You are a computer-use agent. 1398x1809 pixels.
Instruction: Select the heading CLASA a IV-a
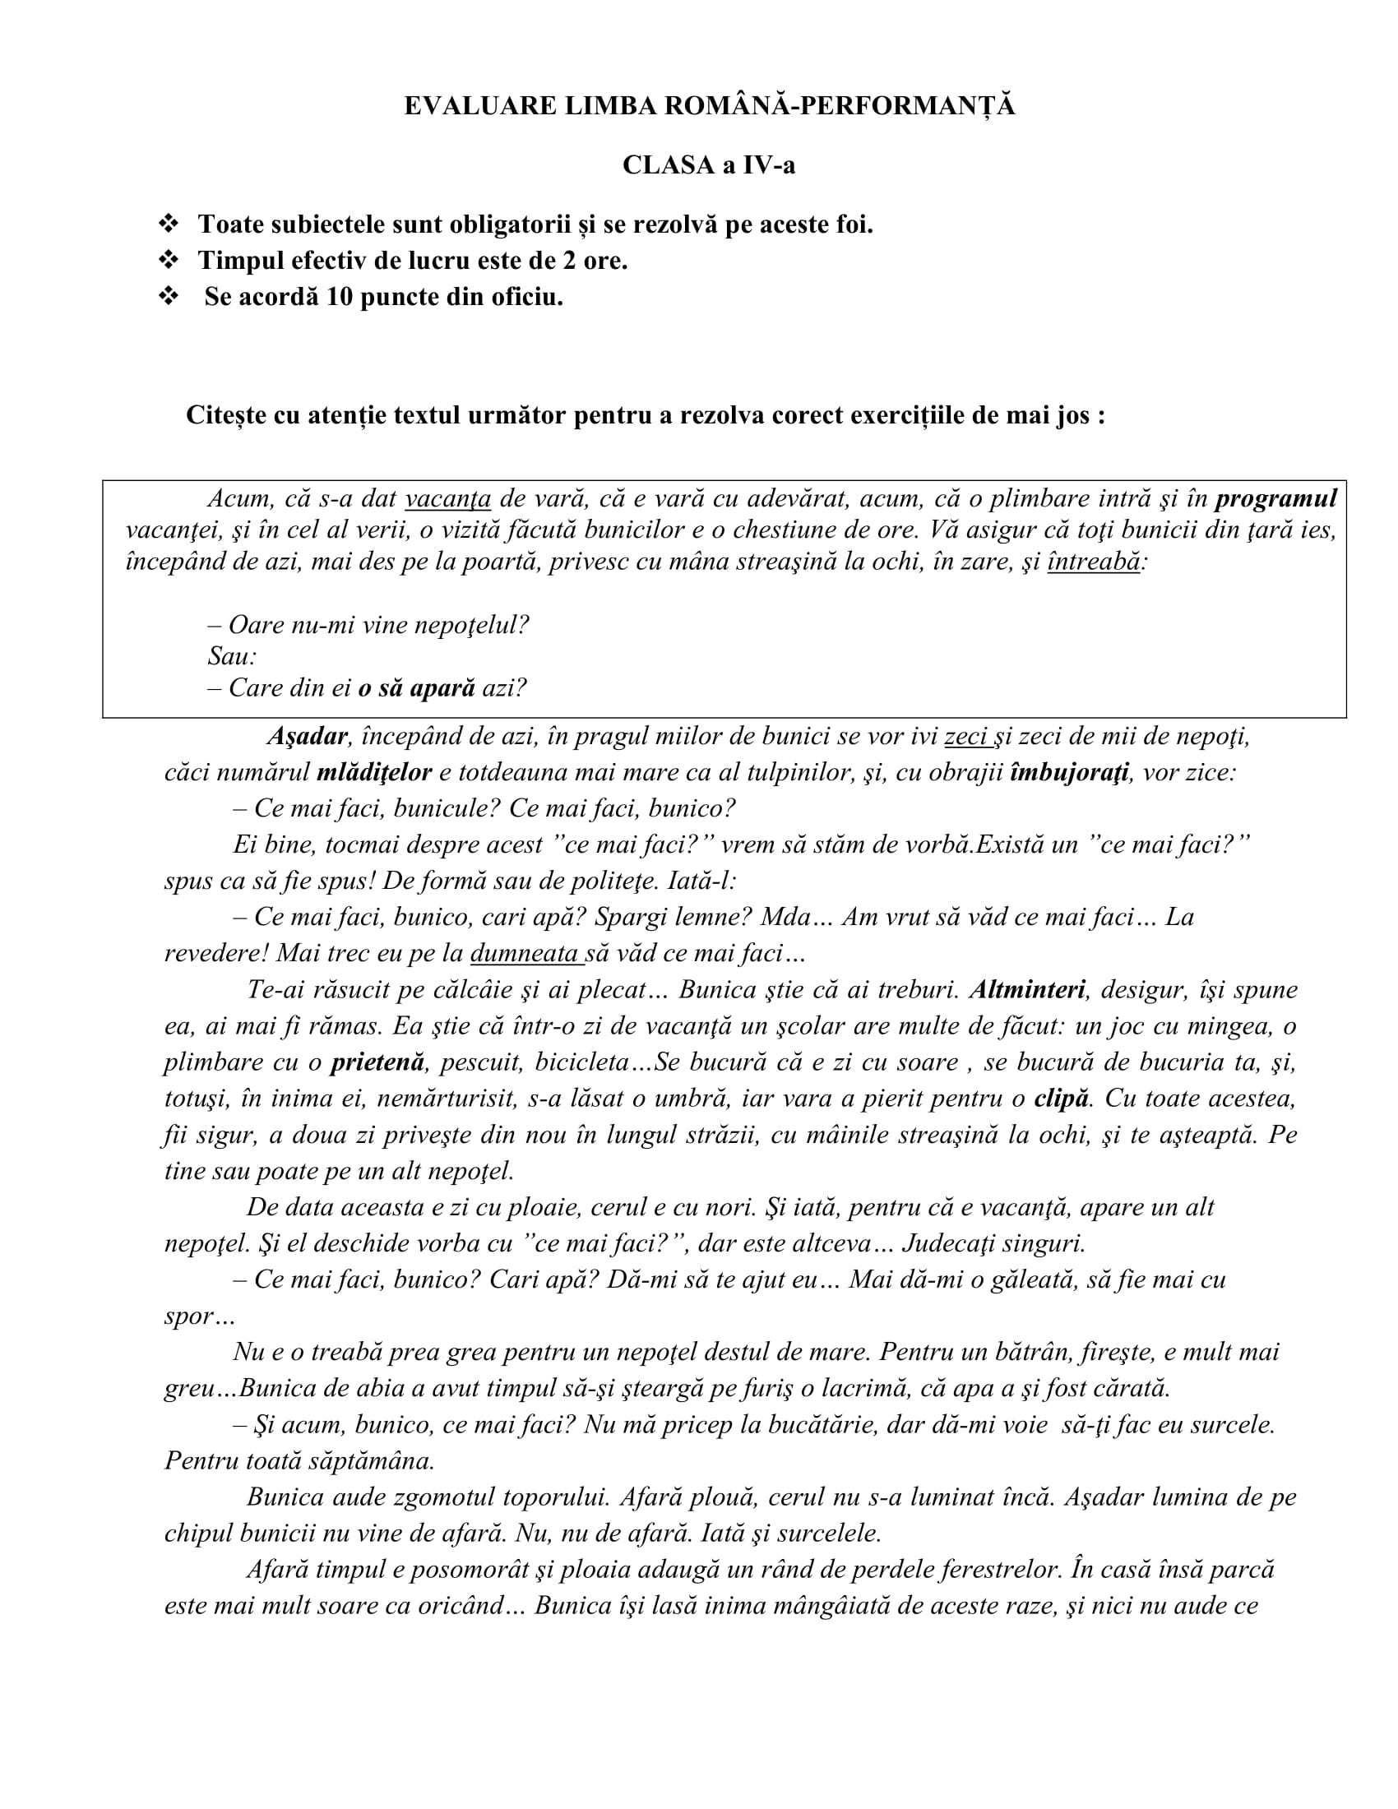tap(708, 165)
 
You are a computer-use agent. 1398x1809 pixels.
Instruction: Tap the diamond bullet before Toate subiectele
tap(168, 224)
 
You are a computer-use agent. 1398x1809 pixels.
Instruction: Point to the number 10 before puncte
tap(340, 297)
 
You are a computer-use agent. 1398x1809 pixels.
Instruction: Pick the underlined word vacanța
tap(448, 498)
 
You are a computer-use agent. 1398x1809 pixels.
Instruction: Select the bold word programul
tap(1275, 498)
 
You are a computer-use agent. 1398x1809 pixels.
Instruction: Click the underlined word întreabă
tap(1093, 562)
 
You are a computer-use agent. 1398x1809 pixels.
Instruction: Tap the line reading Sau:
tap(232, 656)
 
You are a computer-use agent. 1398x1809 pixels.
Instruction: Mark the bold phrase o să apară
tap(417, 688)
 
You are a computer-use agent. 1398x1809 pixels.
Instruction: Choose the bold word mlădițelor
tap(374, 773)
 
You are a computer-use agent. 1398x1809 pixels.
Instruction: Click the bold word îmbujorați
tap(1069, 773)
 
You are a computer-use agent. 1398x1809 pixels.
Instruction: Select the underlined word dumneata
tap(525, 953)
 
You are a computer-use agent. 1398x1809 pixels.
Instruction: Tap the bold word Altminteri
tap(1027, 990)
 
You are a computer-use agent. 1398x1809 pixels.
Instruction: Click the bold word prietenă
tap(377, 1062)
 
